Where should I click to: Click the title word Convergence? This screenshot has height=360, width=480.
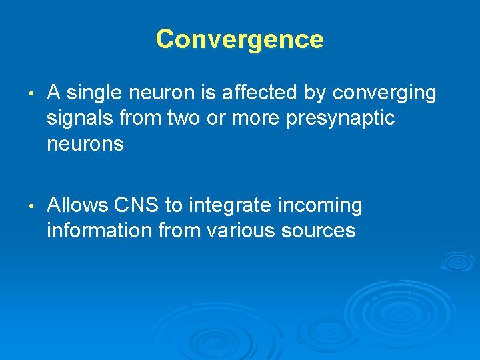point(240,39)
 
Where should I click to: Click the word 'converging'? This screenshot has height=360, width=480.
point(385,93)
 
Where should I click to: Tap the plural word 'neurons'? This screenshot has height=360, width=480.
point(85,144)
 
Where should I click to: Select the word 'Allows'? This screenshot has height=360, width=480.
point(77,205)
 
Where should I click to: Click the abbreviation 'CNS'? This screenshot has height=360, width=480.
point(136,205)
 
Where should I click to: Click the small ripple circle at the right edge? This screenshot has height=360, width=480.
point(458,261)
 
